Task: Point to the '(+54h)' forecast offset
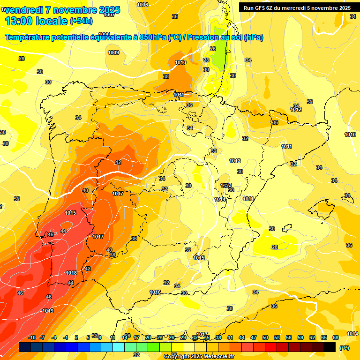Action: [x=81, y=21]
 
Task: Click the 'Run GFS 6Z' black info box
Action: [x=297, y=7]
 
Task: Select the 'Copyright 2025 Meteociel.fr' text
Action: [x=199, y=356]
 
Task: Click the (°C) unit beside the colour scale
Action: [x=345, y=348]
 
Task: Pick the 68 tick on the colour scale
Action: [x=336, y=337]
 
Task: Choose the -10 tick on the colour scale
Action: [x=32, y=337]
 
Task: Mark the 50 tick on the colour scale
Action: [x=265, y=337]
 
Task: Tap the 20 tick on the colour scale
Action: [x=148, y=337]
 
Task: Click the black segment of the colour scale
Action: [x=330, y=347]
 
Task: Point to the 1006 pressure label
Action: [x=142, y=5]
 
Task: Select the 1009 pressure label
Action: [x=113, y=52]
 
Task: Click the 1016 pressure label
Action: [x=155, y=292]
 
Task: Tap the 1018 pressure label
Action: [x=71, y=273]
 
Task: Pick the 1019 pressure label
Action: [x=48, y=311]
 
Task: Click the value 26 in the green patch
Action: [x=213, y=49]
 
